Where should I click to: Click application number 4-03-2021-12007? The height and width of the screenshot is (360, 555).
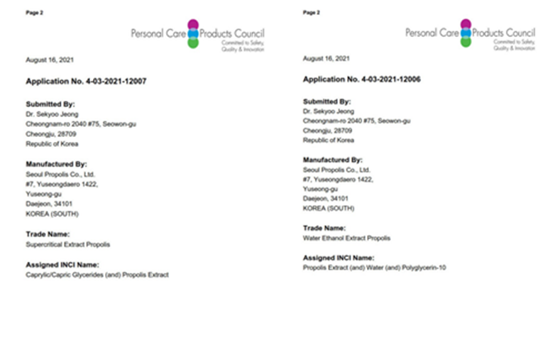point(86,82)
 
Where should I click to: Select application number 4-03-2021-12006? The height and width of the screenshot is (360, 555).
point(362,80)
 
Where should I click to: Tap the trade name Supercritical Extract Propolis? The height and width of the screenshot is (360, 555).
point(67,244)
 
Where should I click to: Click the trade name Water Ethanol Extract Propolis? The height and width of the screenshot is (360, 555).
point(346,238)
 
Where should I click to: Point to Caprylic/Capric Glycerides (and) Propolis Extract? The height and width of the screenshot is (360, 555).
point(97,275)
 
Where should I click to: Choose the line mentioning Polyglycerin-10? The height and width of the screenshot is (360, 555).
point(374,268)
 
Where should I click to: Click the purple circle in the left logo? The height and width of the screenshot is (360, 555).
point(192,24)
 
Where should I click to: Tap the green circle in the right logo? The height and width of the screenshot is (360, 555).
point(466,42)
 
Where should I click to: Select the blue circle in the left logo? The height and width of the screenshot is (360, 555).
point(192,33)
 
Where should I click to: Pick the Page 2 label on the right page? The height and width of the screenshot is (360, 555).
point(311,12)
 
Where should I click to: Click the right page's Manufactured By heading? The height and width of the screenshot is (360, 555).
point(332,160)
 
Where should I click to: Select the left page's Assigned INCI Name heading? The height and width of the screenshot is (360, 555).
point(61,264)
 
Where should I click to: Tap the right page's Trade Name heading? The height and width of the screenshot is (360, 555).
point(324,228)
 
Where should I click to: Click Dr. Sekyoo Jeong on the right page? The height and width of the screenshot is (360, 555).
point(327,111)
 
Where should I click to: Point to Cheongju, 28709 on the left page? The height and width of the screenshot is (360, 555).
point(51,133)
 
